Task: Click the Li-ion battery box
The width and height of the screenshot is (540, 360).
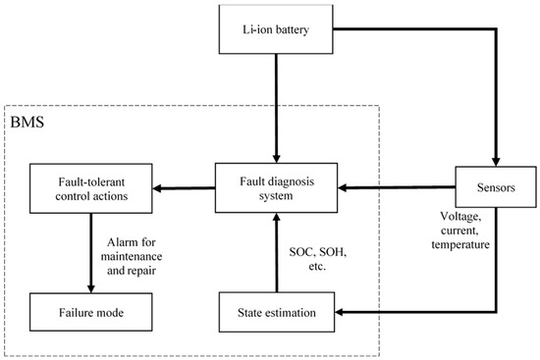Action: pos(276,31)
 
